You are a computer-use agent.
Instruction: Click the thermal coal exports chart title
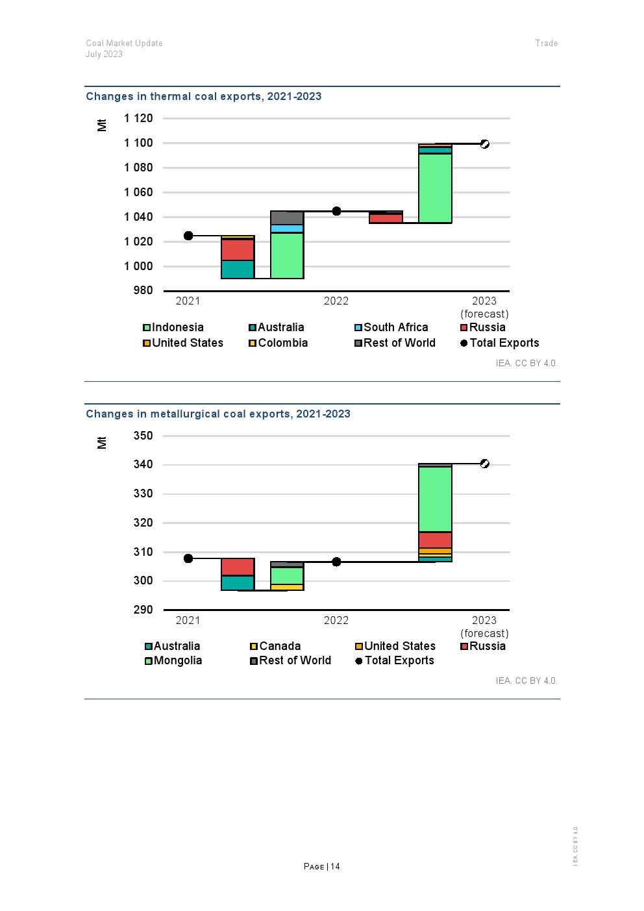(x=204, y=96)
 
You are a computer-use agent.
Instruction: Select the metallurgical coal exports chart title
(x=218, y=414)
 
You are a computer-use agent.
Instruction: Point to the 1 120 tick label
(x=138, y=118)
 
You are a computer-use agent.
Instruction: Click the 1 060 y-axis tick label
(x=138, y=192)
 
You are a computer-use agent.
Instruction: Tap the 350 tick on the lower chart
(x=143, y=436)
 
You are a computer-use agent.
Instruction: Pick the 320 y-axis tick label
(x=143, y=523)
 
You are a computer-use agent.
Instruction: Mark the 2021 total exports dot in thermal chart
(x=188, y=236)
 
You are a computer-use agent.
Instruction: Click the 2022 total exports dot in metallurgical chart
(x=336, y=562)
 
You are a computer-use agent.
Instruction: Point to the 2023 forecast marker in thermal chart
(x=485, y=144)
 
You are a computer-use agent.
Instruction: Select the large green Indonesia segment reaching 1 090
(x=435, y=188)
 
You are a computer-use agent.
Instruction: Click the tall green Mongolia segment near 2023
(x=435, y=499)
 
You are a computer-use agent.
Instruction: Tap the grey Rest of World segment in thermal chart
(x=287, y=218)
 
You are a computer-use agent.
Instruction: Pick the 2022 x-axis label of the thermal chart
(x=336, y=301)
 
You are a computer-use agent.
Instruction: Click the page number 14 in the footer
(x=335, y=866)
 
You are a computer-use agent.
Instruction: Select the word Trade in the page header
(x=547, y=43)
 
